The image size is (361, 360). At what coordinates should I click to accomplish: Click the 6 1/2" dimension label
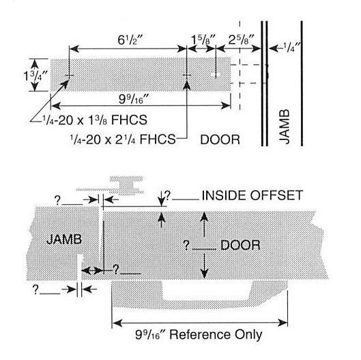(130, 40)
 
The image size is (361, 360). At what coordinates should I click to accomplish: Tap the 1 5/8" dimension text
(203, 40)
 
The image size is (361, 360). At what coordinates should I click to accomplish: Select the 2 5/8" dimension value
(242, 40)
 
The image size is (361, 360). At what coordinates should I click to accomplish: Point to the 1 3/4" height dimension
(35, 76)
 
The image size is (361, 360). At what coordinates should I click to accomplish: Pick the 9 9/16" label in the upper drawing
(134, 99)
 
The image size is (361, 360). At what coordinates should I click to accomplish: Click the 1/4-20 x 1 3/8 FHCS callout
(94, 120)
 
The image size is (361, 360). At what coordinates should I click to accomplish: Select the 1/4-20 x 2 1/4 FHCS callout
(123, 139)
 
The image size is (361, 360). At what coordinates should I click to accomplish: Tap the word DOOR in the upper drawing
(220, 139)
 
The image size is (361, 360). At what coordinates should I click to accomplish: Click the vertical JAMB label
(285, 126)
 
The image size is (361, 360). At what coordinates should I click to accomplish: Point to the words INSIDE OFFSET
(252, 195)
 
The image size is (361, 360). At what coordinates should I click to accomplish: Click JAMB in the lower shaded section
(64, 239)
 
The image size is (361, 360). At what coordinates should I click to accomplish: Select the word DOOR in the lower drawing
(240, 245)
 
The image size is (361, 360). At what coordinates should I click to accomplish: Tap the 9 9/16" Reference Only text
(199, 335)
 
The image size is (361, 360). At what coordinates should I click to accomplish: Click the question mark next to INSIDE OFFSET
(168, 195)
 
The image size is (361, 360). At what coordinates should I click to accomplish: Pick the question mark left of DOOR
(186, 245)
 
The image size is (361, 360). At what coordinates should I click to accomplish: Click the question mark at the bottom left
(35, 289)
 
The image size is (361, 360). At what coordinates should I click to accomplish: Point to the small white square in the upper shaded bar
(212, 74)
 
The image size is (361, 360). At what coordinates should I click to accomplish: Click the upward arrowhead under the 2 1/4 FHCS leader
(187, 84)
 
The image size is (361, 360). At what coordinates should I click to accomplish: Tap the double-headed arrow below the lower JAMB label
(92, 271)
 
